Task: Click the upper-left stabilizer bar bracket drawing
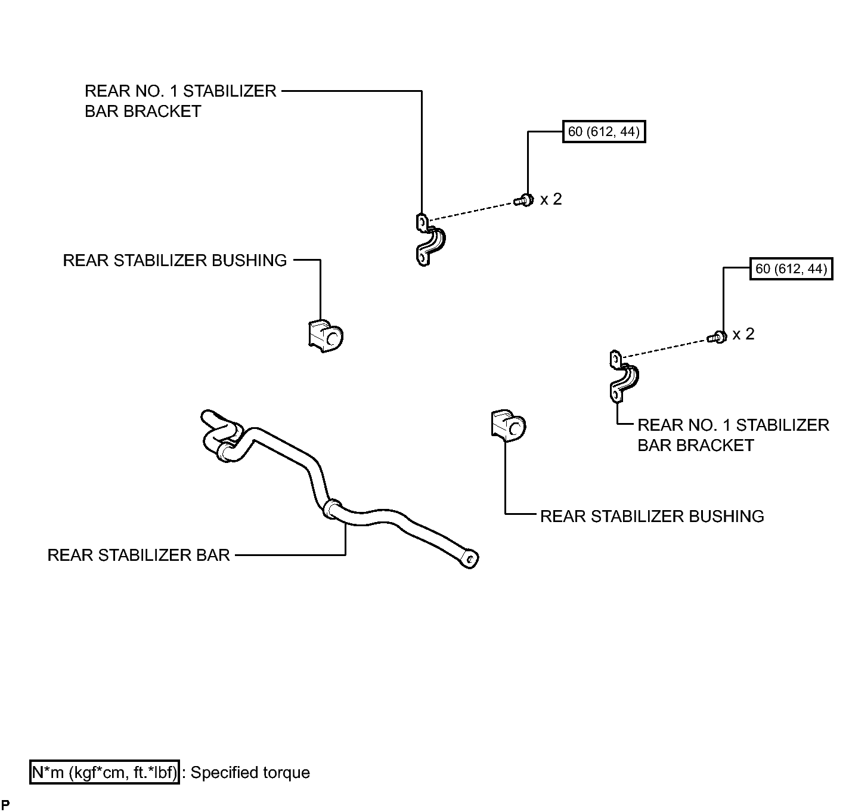[430, 240]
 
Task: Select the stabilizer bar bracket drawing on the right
[624, 376]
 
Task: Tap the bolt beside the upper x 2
[523, 200]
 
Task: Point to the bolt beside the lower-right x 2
[717, 337]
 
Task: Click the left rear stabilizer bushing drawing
[326, 336]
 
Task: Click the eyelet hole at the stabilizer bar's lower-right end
[470, 559]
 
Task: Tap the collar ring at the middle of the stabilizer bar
[331, 509]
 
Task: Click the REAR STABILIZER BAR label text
[138, 555]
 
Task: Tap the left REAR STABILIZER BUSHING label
[175, 260]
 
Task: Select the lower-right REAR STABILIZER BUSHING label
[652, 516]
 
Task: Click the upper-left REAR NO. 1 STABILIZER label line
[180, 91]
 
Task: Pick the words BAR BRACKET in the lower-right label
[695, 445]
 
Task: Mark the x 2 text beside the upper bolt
[550, 199]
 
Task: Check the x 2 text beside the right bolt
[743, 334]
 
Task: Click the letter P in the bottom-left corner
[5, 804]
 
